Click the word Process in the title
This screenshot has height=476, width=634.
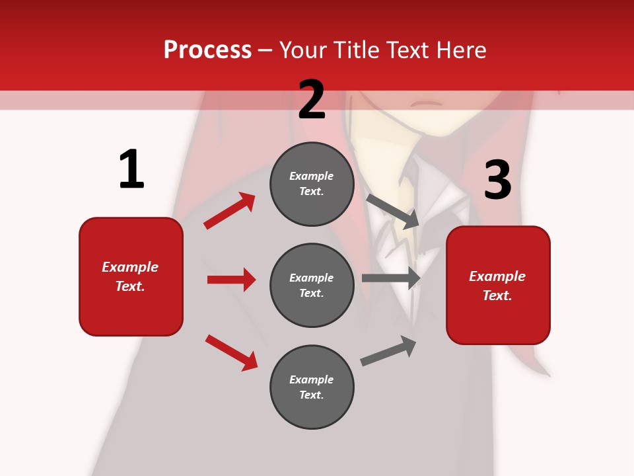(x=207, y=50)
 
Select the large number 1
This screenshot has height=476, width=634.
(x=131, y=170)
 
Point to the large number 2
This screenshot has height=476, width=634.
(x=312, y=100)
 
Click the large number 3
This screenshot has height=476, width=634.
(x=497, y=181)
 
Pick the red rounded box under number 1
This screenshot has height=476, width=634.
(x=131, y=276)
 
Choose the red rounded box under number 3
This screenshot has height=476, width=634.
(x=498, y=285)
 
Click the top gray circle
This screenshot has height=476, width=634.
(x=312, y=184)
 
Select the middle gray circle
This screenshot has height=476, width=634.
(x=312, y=285)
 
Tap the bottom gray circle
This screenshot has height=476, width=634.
(x=312, y=387)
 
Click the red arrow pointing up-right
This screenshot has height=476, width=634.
(x=229, y=211)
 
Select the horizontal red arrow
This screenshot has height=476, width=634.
(x=231, y=280)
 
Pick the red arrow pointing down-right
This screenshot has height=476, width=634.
(x=231, y=352)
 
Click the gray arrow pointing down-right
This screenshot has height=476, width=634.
(x=393, y=211)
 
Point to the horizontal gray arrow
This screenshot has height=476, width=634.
(x=391, y=278)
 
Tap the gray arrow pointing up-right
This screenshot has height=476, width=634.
(x=388, y=350)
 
